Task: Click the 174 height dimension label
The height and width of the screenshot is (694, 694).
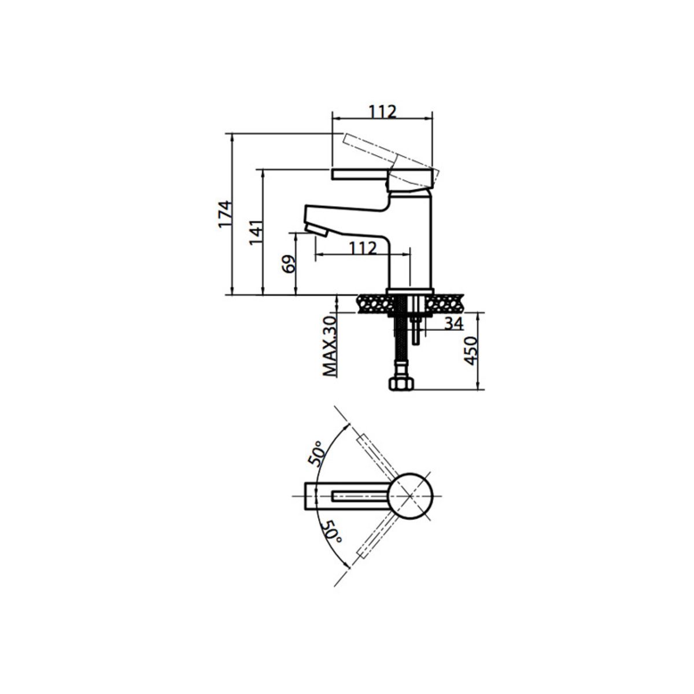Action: tap(225, 214)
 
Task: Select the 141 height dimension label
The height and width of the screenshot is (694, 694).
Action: tap(256, 232)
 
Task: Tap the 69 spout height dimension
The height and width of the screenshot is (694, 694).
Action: tap(289, 264)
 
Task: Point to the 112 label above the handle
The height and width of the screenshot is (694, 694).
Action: tap(382, 112)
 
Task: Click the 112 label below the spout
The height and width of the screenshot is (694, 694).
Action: tap(363, 248)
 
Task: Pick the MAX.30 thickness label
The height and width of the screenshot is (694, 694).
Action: tap(330, 346)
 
